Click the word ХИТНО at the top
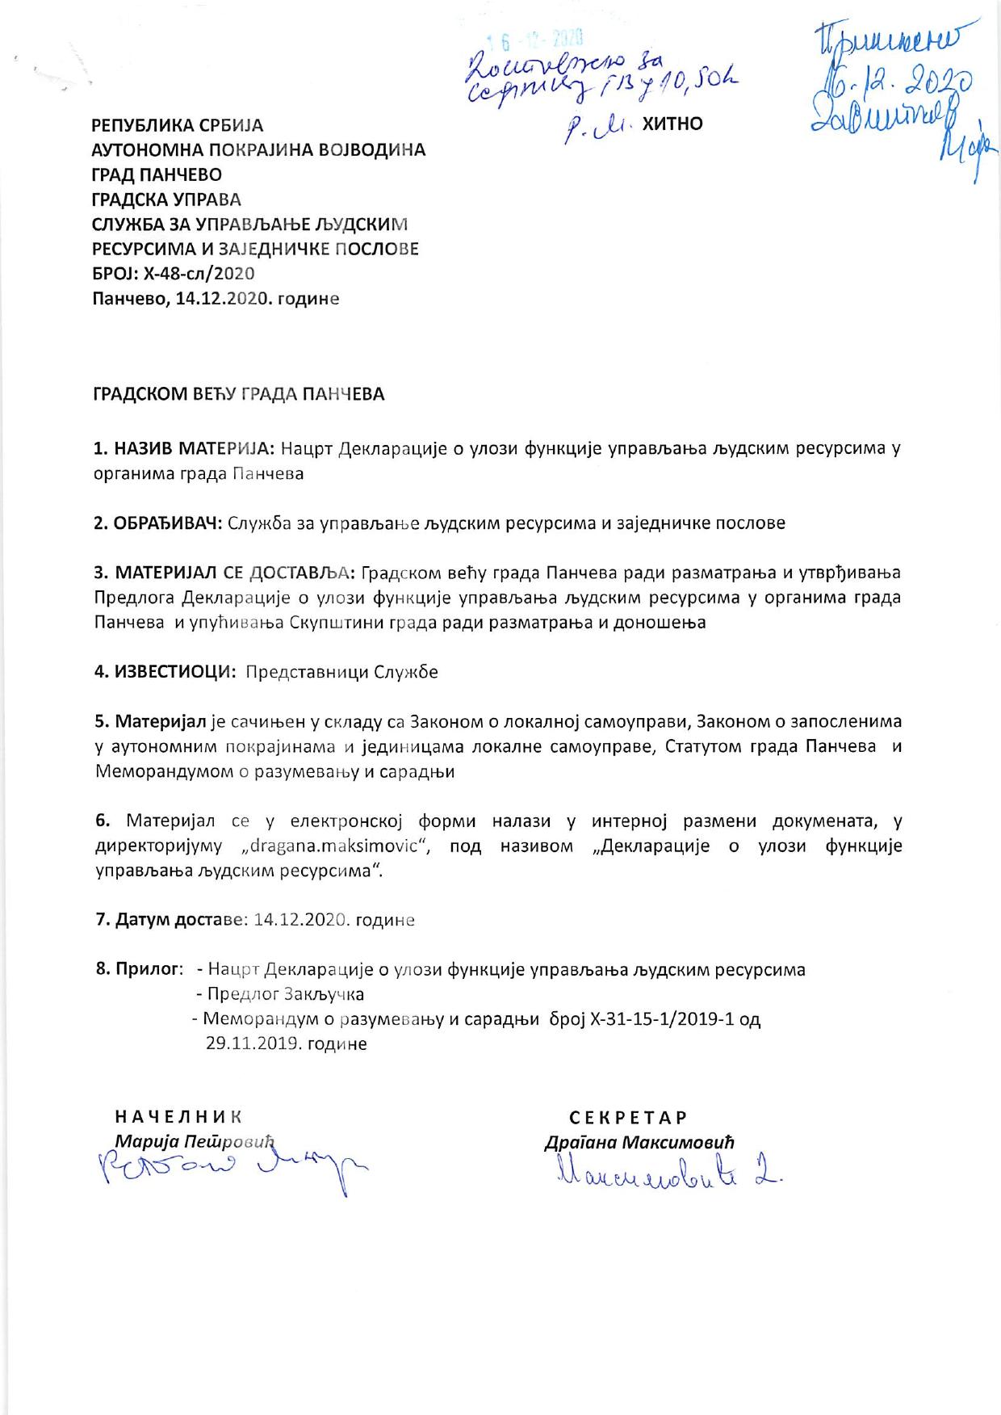(672, 124)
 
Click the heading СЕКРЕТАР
(628, 1118)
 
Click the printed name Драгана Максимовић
(639, 1143)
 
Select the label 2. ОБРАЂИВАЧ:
(158, 523)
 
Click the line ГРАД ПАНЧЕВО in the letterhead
(157, 174)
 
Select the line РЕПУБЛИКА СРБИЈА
(178, 125)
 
